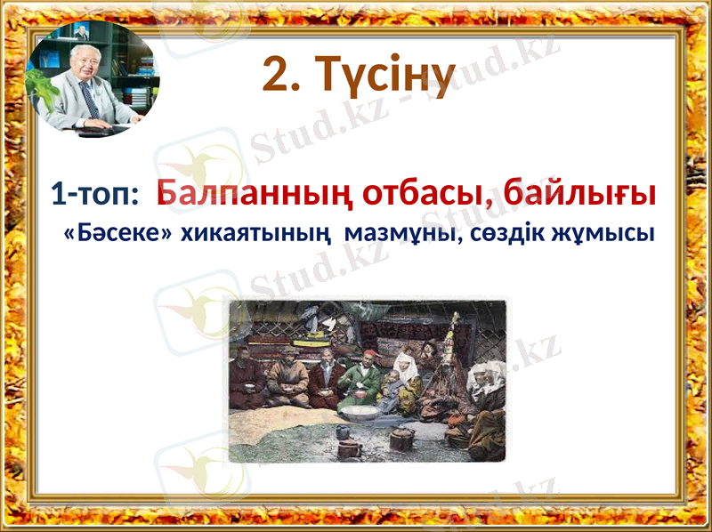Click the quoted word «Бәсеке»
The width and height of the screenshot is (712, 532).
pos(115,234)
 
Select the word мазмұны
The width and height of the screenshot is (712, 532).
pos(400,234)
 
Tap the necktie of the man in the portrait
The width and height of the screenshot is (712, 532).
pos(91,101)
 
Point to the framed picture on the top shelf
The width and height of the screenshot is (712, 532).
pos(81,33)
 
